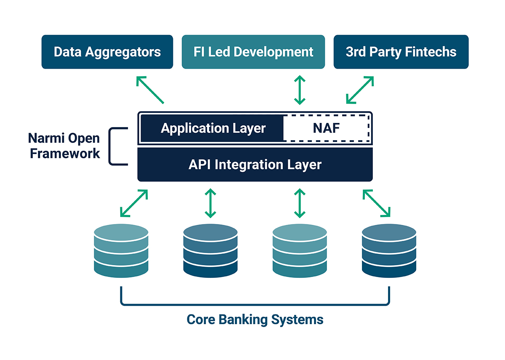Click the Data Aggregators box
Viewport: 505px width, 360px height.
(x=107, y=52)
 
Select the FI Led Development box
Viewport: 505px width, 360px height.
(x=253, y=52)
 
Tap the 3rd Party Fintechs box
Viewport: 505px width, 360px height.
(x=401, y=52)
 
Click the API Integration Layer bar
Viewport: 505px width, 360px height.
(x=255, y=164)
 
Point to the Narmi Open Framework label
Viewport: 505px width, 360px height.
(x=64, y=146)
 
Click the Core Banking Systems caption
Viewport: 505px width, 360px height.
(x=255, y=319)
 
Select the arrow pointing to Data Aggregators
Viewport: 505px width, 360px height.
(x=150, y=90)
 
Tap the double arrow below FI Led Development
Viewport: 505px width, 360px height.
(x=299, y=90)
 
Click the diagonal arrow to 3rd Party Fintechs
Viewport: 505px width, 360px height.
(x=360, y=90)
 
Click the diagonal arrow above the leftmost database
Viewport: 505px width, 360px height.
(x=134, y=203)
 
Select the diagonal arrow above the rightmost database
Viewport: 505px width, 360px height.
(x=377, y=203)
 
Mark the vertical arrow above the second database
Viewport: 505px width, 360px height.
(x=210, y=203)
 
